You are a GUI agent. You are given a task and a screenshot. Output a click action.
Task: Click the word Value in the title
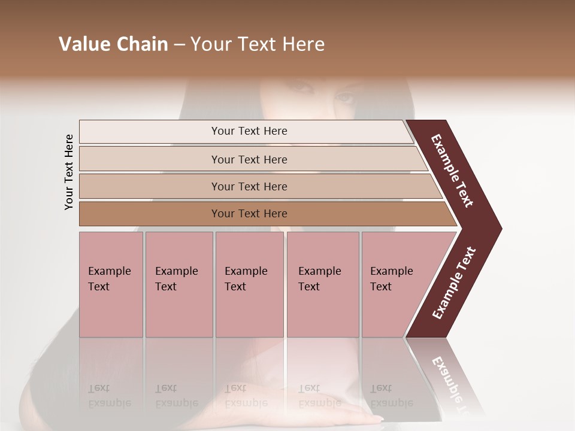tap(84, 44)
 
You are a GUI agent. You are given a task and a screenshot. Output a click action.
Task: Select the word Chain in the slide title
tap(142, 44)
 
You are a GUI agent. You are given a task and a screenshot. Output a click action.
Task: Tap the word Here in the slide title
tap(302, 44)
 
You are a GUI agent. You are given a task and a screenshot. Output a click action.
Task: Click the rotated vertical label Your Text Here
tap(69, 172)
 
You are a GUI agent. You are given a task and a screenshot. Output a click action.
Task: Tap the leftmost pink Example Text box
tap(111, 284)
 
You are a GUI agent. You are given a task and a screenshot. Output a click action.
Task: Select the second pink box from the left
tap(179, 284)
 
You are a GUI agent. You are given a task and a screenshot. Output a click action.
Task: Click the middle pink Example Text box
tap(249, 284)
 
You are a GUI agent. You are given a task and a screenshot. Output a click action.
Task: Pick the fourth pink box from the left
tap(323, 284)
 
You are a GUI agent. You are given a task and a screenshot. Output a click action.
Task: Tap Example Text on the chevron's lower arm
tap(454, 283)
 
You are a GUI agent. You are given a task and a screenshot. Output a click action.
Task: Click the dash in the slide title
tap(179, 45)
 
